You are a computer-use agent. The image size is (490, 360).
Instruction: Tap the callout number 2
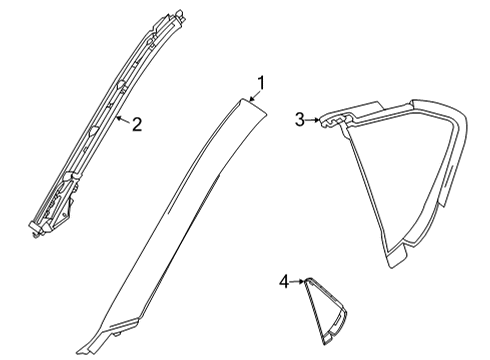click(x=137, y=125)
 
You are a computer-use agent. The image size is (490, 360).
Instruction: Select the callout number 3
click(x=300, y=120)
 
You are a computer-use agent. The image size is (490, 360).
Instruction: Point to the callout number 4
click(x=285, y=283)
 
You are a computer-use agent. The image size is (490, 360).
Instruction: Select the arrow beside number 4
click(x=298, y=283)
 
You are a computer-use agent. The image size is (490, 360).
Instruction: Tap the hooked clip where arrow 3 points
click(x=332, y=121)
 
